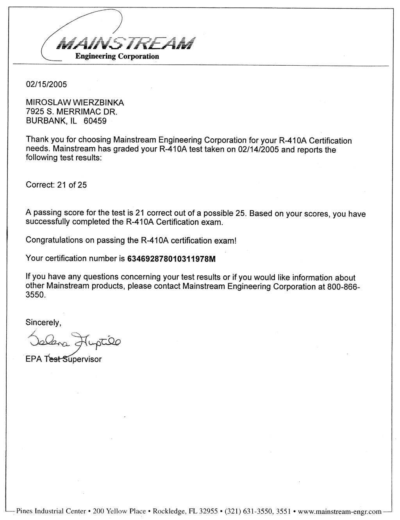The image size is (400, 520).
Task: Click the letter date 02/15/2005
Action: [46, 84]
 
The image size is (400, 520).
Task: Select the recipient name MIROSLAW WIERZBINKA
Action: [75, 102]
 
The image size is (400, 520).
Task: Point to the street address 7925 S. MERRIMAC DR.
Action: [71, 112]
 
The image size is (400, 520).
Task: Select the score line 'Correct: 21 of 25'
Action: [56, 185]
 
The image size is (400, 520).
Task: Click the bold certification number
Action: [171, 259]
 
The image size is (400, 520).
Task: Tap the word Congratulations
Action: [54, 240]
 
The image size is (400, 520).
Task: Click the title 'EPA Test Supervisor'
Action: [64, 359]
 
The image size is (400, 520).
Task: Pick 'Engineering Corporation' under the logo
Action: [117, 56]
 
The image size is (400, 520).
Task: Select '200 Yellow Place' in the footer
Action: [119, 511]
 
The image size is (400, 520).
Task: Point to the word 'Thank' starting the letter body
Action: [36, 139]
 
